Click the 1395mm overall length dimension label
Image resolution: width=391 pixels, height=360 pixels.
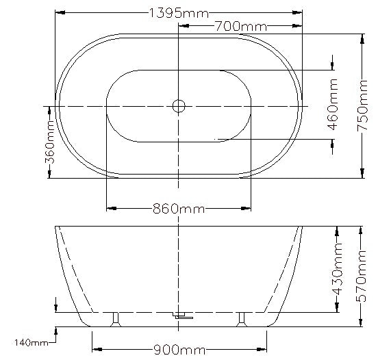179,12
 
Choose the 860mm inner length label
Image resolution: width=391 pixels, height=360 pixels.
179,209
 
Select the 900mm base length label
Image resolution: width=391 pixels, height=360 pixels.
179,350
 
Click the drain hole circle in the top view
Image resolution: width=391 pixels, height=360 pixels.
179,106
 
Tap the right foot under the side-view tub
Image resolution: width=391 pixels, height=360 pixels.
241,319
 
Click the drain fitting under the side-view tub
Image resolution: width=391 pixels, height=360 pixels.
181,316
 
